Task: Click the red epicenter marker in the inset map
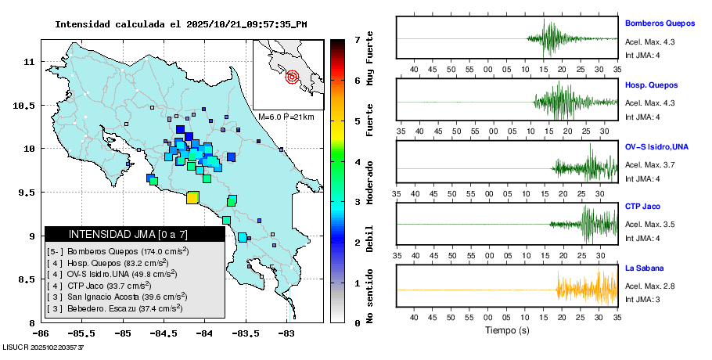(x=292, y=77)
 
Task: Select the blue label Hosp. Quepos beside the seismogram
(x=651, y=85)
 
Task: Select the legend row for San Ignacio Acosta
(x=117, y=297)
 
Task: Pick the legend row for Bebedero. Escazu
(x=117, y=308)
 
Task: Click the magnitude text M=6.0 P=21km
(x=286, y=117)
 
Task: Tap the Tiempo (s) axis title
(x=506, y=331)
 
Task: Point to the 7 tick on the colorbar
(x=357, y=39)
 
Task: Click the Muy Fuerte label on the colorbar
(x=370, y=62)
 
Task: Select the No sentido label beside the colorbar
(x=370, y=297)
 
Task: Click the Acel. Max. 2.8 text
(x=649, y=287)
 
